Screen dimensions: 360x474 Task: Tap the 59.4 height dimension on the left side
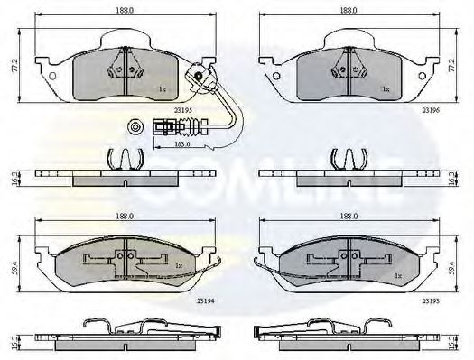pyautogui.click(x=13, y=265)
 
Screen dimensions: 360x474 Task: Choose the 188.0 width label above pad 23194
pyautogui.click(x=124, y=217)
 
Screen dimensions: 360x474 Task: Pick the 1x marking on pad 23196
pyautogui.click(x=385, y=89)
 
